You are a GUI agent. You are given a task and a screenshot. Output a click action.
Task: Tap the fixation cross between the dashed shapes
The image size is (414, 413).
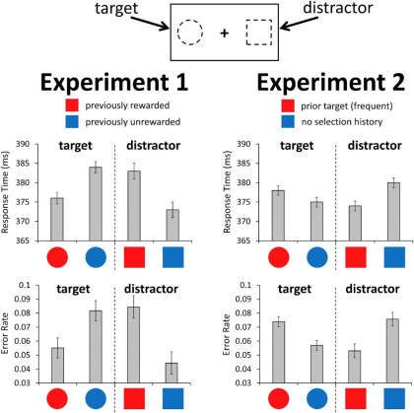click(225, 33)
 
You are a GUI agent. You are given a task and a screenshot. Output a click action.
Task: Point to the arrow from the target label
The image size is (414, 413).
click(150, 23)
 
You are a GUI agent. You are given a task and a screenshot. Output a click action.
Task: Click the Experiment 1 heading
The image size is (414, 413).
click(114, 82)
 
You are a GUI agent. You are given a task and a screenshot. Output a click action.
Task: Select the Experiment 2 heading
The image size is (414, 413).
click(330, 82)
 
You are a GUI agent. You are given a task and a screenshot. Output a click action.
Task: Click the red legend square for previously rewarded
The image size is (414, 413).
click(72, 105)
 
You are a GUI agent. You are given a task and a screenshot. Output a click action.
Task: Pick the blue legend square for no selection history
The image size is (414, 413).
click(288, 121)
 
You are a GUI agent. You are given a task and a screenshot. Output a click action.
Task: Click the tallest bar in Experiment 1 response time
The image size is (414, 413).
click(96, 204)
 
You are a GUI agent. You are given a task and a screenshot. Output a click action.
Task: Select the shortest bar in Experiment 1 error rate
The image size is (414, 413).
click(172, 373)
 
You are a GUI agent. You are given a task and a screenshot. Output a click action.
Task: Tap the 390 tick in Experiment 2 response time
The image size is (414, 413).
click(243, 144)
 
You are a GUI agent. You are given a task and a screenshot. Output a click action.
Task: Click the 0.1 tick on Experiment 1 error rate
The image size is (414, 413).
click(25, 285)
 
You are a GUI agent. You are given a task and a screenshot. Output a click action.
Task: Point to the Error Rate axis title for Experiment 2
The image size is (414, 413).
click(226, 334)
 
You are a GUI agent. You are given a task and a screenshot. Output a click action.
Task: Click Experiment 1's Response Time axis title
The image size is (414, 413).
click(5, 192)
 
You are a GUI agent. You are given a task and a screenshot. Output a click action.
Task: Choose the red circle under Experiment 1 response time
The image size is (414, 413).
click(57, 257)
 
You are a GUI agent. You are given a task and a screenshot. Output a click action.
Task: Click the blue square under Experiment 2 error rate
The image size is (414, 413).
click(394, 398)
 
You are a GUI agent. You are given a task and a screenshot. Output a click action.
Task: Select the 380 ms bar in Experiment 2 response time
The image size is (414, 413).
click(393, 212)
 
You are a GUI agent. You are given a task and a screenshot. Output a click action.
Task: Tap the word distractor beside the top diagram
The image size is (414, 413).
click(338, 8)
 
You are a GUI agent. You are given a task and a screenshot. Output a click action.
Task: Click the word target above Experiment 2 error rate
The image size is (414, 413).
click(295, 289)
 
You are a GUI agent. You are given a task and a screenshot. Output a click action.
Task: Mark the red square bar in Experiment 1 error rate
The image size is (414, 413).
click(134, 345)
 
